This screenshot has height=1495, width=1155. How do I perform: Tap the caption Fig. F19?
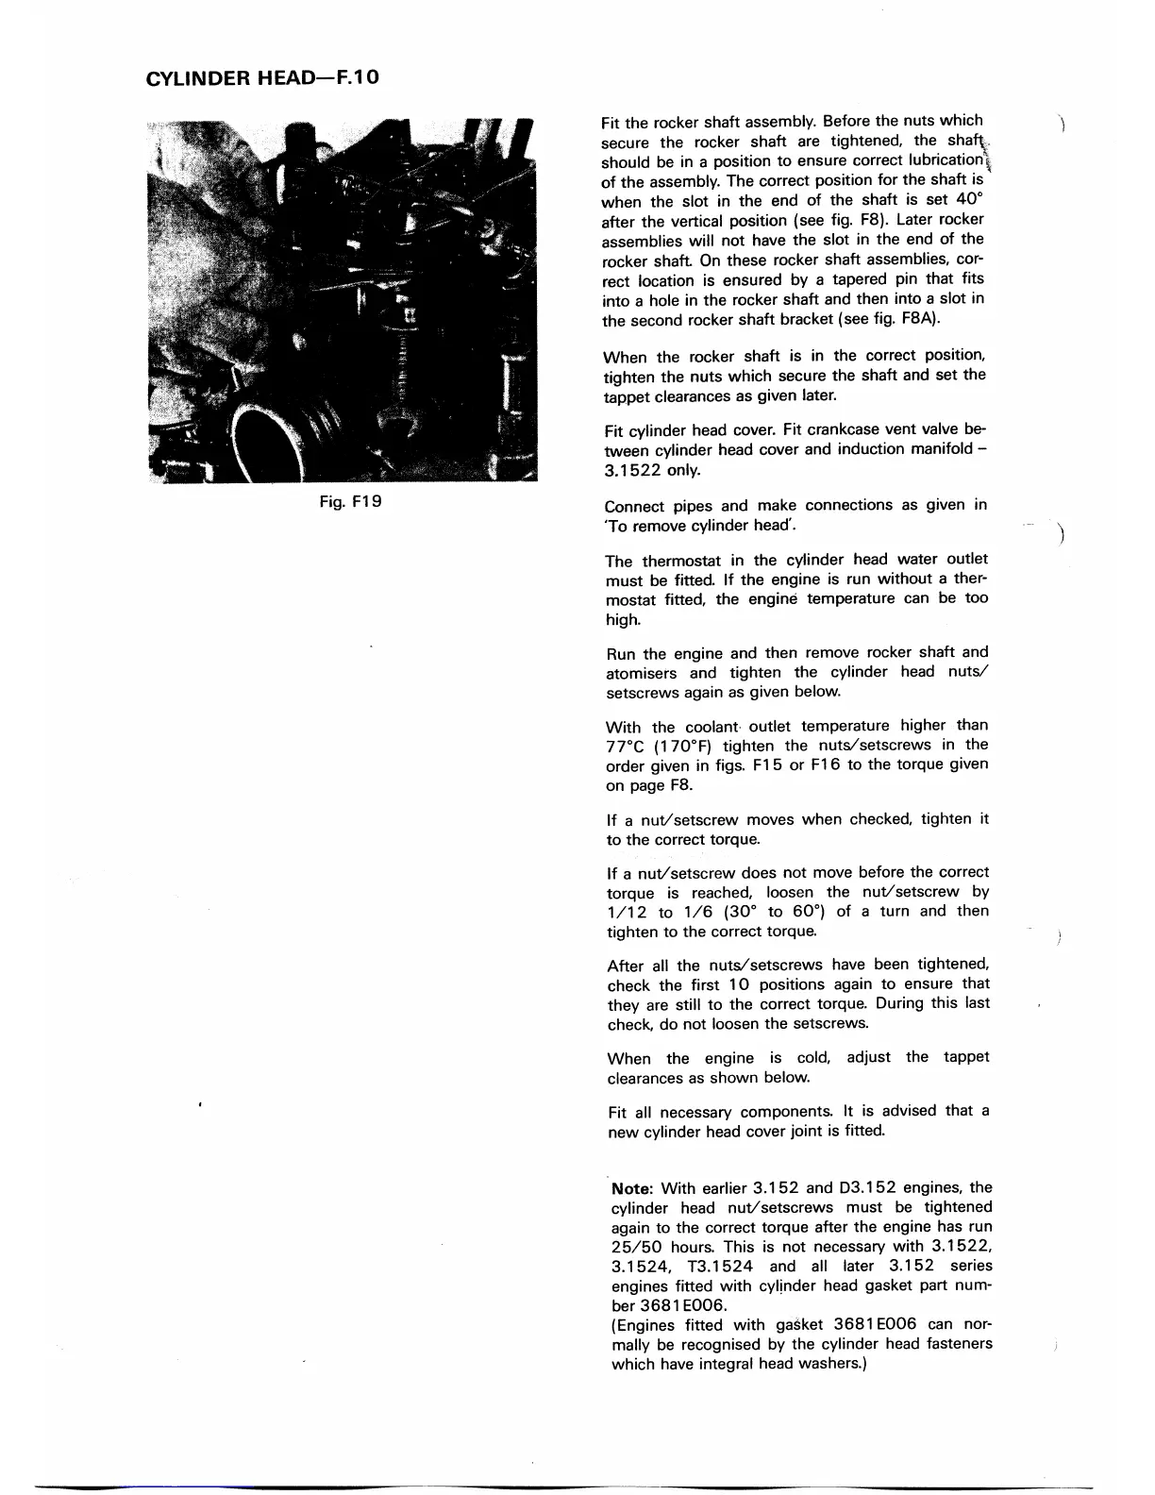(x=348, y=502)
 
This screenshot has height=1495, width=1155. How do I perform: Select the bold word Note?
(x=634, y=1188)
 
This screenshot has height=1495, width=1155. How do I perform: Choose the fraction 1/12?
(x=627, y=913)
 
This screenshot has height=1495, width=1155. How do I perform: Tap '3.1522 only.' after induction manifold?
(x=651, y=470)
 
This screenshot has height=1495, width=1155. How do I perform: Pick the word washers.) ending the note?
(x=832, y=1365)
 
